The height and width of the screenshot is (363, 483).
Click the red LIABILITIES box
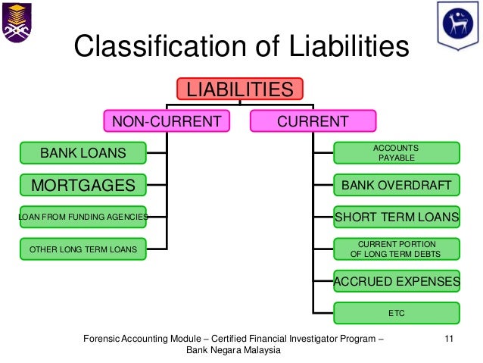click(x=240, y=90)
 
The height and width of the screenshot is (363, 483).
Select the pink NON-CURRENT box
click(x=167, y=121)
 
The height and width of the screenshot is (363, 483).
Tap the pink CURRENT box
click(x=313, y=121)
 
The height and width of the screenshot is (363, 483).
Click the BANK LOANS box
click(x=83, y=153)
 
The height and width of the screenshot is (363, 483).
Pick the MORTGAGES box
click(x=83, y=185)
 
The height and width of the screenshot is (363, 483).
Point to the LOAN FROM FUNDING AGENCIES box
click(x=83, y=217)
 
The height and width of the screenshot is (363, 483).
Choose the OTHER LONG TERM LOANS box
click(x=83, y=249)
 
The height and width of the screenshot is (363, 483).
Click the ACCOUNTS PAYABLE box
click(x=396, y=153)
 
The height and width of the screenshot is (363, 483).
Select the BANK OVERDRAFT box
click(x=396, y=185)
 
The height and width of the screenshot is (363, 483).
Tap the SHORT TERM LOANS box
click(x=396, y=217)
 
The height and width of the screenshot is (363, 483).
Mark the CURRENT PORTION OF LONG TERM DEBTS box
click(x=396, y=249)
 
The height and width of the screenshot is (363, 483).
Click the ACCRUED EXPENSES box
click(x=396, y=281)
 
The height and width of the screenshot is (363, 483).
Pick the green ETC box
click(x=396, y=312)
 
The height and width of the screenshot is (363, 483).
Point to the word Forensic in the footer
click(x=101, y=339)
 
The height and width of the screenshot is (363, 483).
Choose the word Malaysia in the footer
click(x=260, y=351)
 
